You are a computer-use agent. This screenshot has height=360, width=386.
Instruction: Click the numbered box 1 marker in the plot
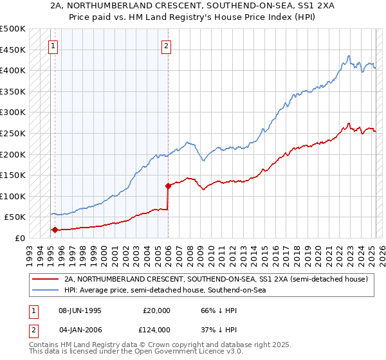(x=52, y=46)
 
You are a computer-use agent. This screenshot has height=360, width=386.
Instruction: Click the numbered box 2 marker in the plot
(x=166, y=46)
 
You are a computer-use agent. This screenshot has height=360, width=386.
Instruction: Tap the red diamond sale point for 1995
(x=55, y=230)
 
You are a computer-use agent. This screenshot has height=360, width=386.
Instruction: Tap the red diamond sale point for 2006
(x=168, y=186)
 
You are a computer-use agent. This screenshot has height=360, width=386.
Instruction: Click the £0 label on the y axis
(x=21, y=238)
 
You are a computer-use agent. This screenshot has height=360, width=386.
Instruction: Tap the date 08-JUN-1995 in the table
(x=80, y=310)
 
